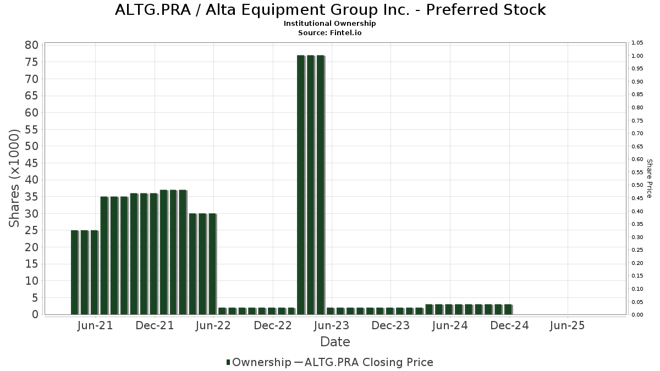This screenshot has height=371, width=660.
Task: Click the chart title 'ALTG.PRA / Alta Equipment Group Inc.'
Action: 330,10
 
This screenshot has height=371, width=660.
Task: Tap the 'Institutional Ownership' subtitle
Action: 330,24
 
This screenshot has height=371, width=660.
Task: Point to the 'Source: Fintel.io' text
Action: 330,32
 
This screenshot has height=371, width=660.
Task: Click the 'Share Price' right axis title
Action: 649,178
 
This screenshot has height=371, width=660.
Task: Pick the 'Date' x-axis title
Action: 335,342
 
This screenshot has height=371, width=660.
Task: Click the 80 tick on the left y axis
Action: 31,45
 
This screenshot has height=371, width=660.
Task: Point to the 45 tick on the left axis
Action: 31,163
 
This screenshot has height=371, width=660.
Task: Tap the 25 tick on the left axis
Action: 31,230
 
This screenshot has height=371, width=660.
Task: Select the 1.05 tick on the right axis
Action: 637,43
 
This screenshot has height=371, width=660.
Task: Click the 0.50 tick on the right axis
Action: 637,185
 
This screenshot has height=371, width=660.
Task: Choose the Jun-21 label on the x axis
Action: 95,325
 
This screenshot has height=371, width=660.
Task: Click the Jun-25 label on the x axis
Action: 567,325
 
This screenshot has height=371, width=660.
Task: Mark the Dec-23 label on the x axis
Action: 391,325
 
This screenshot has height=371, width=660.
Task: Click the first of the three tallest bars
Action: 300,185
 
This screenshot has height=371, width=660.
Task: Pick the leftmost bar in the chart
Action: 74,272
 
